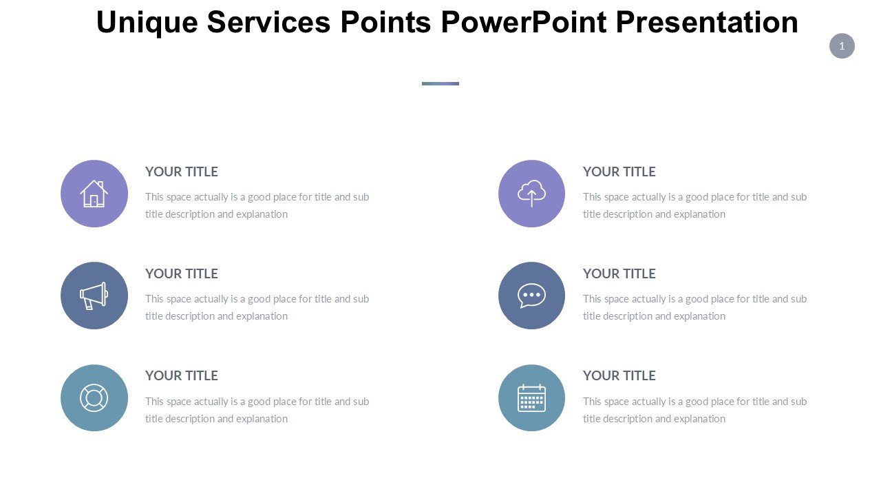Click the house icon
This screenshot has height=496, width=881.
(x=94, y=194)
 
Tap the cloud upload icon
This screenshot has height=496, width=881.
(x=531, y=193)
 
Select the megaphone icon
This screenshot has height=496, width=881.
(x=94, y=296)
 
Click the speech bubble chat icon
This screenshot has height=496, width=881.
(x=531, y=296)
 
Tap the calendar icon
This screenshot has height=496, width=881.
(x=531, y=398)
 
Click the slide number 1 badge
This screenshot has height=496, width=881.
(x=842, y=46)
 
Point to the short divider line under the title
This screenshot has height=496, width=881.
(x=440, y=83)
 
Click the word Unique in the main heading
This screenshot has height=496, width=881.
(x=147, y=23)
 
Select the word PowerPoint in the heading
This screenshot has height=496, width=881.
(x=524, y=22)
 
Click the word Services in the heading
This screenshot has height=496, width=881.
(x=268, y=22)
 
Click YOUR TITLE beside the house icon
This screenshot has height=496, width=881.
(x=181, y=172)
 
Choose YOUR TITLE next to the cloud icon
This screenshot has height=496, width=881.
(x=619, y=172)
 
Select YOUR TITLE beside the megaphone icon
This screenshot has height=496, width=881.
(x=181, y=273)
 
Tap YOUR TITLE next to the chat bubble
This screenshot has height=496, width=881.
(x=619, y=273)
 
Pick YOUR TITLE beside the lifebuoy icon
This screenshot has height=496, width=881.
(x=181, y=375)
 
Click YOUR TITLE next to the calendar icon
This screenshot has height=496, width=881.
(x=619, y=375)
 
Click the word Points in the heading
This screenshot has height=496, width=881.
(x=385, y=22)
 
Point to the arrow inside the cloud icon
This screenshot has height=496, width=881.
(x=532, y=198)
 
